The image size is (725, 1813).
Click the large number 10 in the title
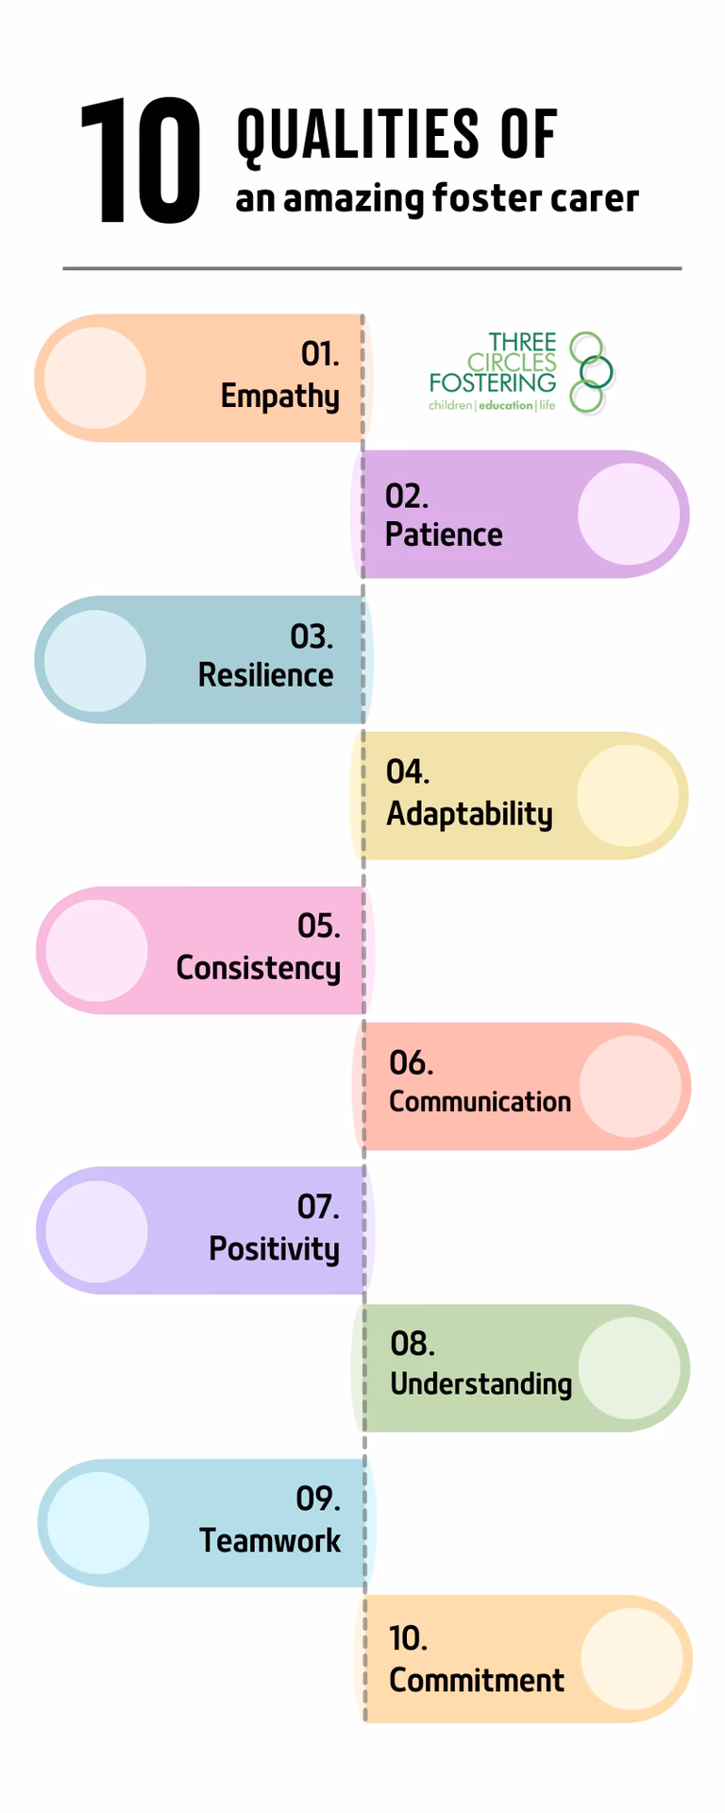tap(141, 161)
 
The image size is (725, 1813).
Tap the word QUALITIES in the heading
tap(358, 134)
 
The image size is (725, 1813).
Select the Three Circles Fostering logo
tap(521, 372)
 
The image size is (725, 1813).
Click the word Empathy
tap(280, 397)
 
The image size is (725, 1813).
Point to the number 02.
tap(407, 496)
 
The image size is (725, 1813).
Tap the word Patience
tap(444, 534)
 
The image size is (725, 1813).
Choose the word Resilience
tap(266, 675)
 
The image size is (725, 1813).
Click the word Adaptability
tap(469, 814)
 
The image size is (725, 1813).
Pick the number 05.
tap(319, 925)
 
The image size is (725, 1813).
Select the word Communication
tap(481, 1101)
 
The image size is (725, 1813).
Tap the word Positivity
tap(275, 1249)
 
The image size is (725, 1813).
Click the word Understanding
tap(481, 1383)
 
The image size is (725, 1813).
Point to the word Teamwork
tap(270, 1540)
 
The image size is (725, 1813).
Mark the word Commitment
tap(477, 1680)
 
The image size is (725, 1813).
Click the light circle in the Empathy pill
tap(95, 378)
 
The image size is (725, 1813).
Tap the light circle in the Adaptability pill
tap(628, 796)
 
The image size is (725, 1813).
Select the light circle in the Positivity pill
tap(96, 1231)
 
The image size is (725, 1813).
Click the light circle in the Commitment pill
tap(632, 1659)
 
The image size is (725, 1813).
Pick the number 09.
tap(318, 1499)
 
